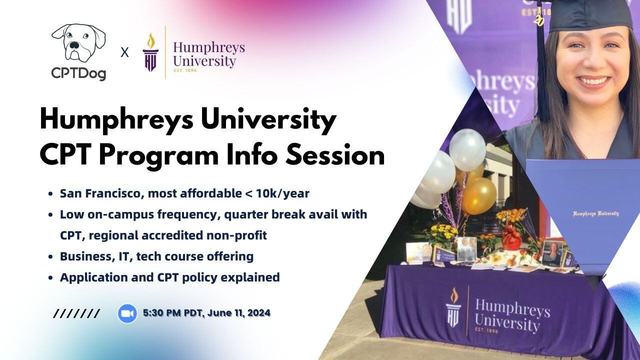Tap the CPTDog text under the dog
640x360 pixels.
click(78, 74)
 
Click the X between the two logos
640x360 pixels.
click(124, 52)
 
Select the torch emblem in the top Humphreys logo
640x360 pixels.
click(150, 52)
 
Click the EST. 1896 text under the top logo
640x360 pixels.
click(185, 70)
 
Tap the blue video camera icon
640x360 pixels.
click(127, 313)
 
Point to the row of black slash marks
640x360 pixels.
click(76, 314)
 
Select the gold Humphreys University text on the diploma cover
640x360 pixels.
click(595, 213)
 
